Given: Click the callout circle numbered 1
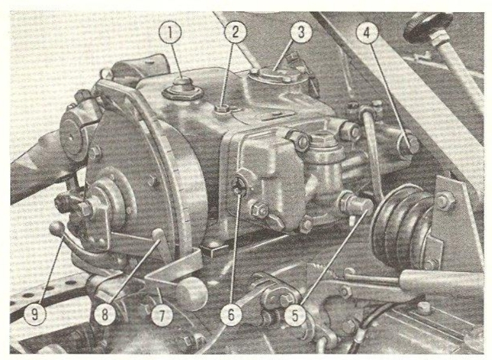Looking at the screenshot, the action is click(170, 32).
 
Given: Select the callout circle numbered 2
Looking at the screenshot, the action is click(236, 31).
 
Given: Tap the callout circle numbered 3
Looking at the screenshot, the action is click(301, 32).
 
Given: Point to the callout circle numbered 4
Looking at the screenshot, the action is click(367, 32).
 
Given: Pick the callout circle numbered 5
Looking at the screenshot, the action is click(295, 315).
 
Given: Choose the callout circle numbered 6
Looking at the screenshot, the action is click(231, 315).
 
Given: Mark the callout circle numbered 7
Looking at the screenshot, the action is click(162, 315).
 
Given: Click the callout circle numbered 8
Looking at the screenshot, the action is click(105, 315).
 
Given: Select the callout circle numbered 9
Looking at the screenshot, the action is click(35, 315).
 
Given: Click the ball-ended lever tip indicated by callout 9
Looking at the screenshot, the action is click(57, 228).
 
